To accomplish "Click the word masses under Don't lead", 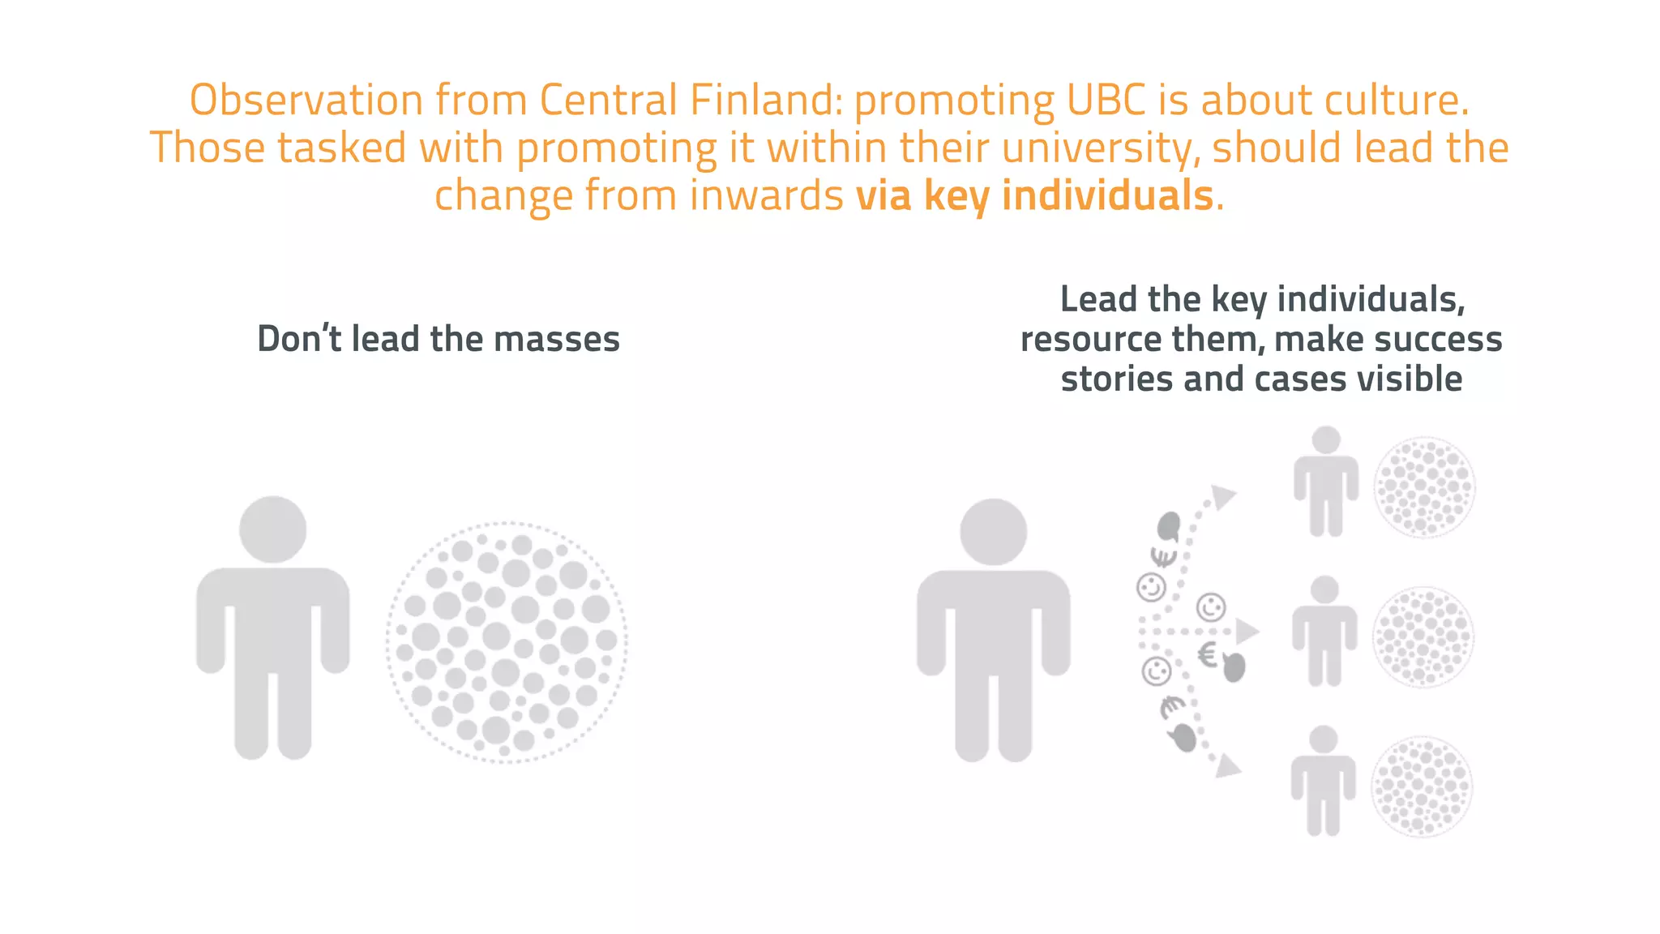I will point(557,339).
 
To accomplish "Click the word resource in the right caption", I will point(1081,339).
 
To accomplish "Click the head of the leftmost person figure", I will point(273,529).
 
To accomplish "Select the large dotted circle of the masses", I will point(507,642).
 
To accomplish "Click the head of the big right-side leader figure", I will point(994,532).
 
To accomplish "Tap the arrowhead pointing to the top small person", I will point(1223,496).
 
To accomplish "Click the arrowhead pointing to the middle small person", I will point(1247,631).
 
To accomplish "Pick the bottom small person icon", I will point(1323,780).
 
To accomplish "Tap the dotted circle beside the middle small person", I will point(1423,637).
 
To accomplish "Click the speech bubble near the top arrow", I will point(1168,526).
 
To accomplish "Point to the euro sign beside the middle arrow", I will point(1208,654).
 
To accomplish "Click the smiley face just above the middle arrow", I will point(1211,606).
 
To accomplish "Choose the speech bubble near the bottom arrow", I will point(1183,737).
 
